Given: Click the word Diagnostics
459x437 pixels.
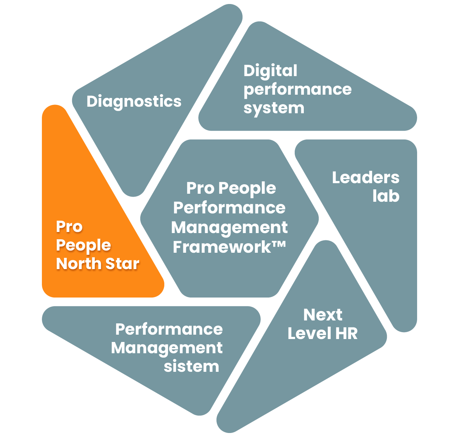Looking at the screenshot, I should tap(134, 102).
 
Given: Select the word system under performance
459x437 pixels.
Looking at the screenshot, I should tap(274, 108).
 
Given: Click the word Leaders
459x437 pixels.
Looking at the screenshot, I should tap(365, 178).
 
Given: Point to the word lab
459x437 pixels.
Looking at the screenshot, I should tap(386, 196).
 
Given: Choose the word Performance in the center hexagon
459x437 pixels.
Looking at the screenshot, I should tap(229, 208).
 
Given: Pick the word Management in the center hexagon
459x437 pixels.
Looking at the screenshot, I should tap(229, 228).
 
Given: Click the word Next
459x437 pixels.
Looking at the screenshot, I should tap(323, 315).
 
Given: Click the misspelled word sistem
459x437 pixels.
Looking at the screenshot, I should tap(191, 366).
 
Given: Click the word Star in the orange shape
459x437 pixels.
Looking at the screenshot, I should tap(122, 264).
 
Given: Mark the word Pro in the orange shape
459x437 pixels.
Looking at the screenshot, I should tap(69, 227).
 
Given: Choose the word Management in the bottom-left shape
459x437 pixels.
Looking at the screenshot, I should tap(167, 348).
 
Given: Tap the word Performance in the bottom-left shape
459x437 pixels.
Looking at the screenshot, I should tap(169, 329).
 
